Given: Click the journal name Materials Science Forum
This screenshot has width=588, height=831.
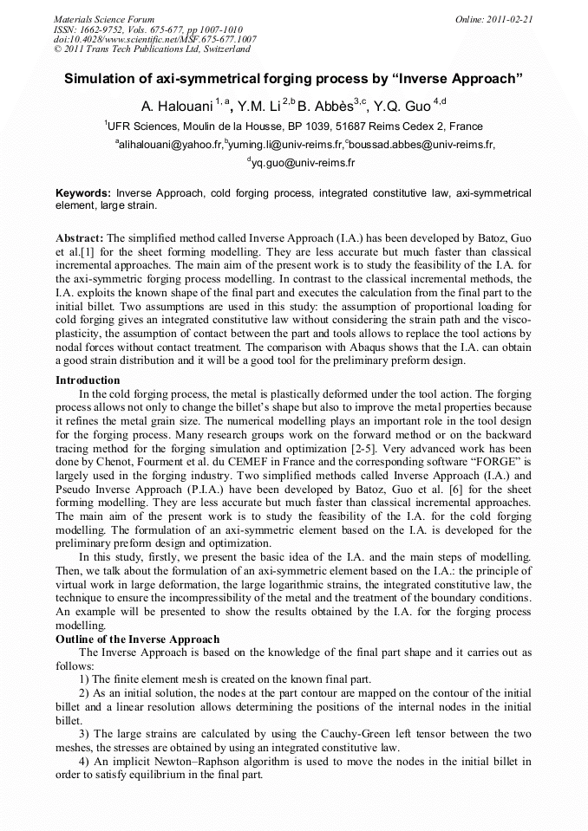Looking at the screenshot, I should [104, 18].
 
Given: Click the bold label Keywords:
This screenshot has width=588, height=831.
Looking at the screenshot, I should [84, 192].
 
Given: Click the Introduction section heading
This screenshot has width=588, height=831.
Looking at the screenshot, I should [88, 380].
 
